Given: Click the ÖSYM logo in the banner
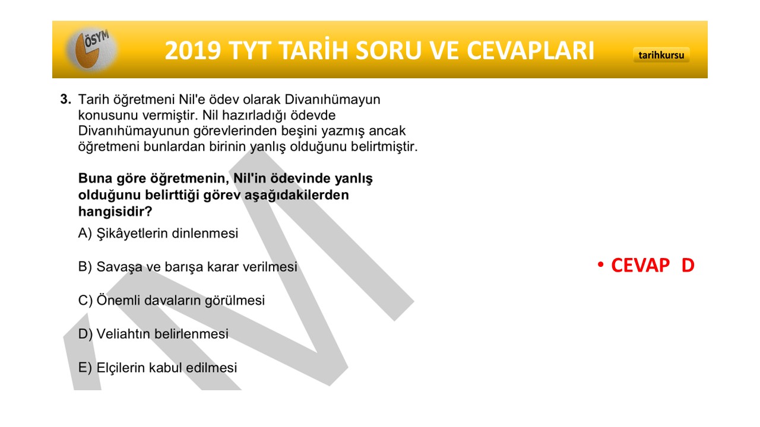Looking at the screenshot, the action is (91, 49).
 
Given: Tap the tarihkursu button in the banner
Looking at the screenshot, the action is (661, 55).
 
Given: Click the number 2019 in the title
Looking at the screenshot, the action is (193, 51).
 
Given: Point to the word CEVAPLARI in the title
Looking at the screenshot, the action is (530, 51).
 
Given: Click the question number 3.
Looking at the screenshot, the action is (65, 99).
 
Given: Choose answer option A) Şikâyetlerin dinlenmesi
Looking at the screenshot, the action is (158, 233).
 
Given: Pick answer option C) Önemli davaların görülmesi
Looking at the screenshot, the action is (172, 300).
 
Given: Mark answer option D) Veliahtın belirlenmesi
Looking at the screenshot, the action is (153, 334).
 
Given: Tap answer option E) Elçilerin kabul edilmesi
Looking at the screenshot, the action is (157, 367).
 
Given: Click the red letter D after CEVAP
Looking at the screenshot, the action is (688, 265).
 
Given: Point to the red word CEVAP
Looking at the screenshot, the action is (640, 265).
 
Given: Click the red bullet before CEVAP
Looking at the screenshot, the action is (601, 265).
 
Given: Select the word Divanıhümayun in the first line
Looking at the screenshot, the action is (332, 100).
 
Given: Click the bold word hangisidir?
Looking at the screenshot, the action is (115, 212).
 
